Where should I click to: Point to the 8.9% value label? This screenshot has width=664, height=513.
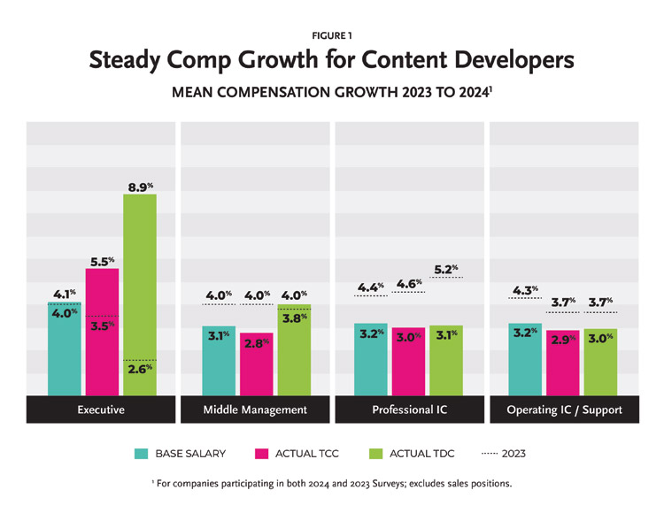coord(140,187)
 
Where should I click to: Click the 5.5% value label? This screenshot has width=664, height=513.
coord(102,262)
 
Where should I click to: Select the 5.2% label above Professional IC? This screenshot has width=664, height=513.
coord(446,270)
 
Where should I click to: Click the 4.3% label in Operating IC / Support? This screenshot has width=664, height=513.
coord(525,290)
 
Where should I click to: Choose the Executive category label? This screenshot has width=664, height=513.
coord(102,410)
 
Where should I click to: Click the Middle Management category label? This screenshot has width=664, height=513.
coord(256,410)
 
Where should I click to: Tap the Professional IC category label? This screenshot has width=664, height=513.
coord(409,410)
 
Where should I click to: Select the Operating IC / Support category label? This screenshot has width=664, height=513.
coord(563,410)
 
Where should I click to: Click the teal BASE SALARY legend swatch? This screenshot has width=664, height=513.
coord(142,454)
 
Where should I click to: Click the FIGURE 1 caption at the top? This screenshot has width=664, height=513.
coord(332,34)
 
